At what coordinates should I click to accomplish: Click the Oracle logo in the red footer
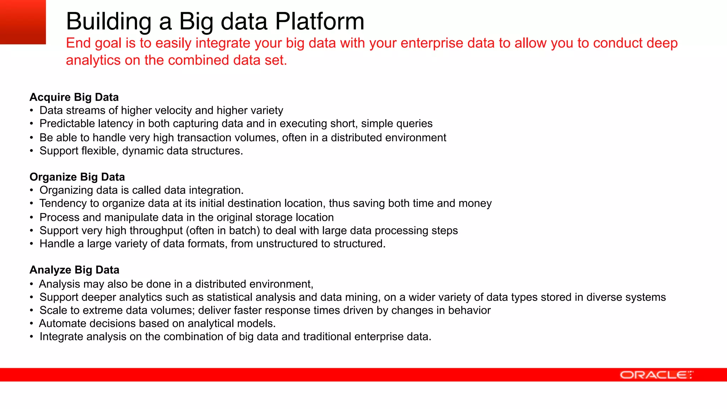[x=656, y=375]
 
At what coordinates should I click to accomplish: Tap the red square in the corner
[x=23, y=22]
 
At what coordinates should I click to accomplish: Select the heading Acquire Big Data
[x=74, y=97]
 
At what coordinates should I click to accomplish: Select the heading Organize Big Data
[x=77, y=177]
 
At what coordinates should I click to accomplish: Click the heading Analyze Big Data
[x=74, y=270]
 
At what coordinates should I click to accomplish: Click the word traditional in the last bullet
[x=327, y=337]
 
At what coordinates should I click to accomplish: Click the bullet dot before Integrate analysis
[x=32, y=337]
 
